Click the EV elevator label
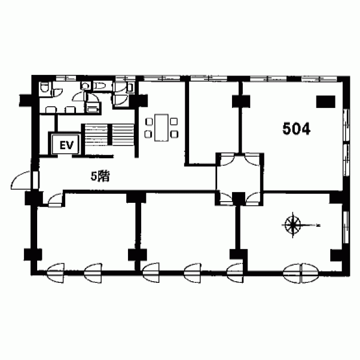coord(66,145)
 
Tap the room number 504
coord(297,129)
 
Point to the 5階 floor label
coord(100,177)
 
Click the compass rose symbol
coord(293,225)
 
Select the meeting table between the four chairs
coord(161,127)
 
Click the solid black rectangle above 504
coord(326,102)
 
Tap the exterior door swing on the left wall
coord(21,181)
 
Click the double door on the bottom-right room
coord(301,273)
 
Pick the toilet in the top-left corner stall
coord(44,87)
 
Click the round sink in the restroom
coord(85,86)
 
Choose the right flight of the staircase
coord(123,134)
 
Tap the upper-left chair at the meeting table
coord(149,121)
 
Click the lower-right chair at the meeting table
coord(174,134)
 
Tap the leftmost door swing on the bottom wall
coord(55,273)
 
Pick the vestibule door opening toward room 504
coord(252,160)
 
